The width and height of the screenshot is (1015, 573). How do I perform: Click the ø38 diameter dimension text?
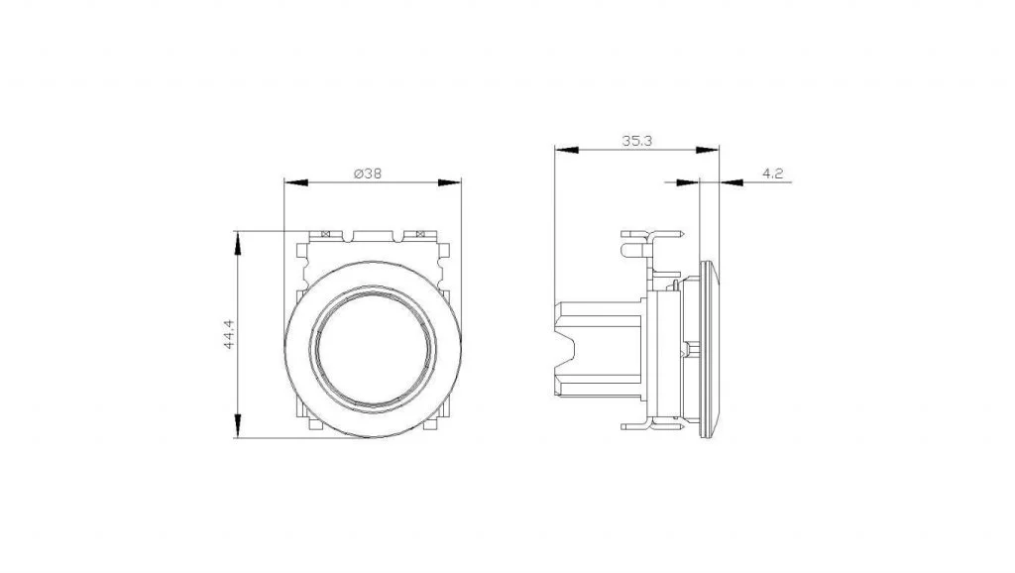pos(368,173)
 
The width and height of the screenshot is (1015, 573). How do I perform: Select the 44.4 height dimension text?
pos(229,335)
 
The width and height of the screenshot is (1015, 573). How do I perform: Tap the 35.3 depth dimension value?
pos(637,141)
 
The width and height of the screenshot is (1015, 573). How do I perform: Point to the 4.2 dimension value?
pos(773,173)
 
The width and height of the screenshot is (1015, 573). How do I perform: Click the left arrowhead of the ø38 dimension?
pos(295,182)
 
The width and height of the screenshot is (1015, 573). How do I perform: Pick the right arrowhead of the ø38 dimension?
pos(450,182)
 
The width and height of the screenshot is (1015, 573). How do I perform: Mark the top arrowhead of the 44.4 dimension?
pos(238,242)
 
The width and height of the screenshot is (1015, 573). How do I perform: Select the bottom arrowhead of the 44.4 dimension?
pos(238,426)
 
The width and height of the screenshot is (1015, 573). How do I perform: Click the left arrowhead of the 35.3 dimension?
pos(566,151)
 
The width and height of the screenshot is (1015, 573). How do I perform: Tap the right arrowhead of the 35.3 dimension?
pos(708,151)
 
